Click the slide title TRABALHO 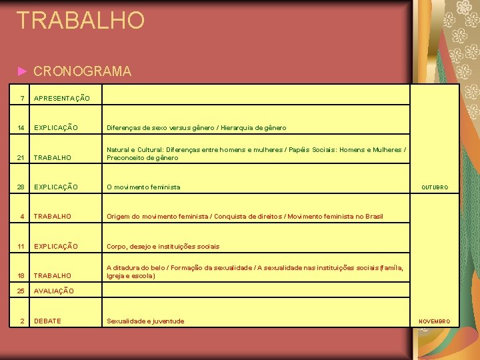[80, 20]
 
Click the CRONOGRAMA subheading [82, 71]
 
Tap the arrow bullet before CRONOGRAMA [23, 71]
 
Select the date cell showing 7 [23, 99]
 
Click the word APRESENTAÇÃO [61, 99]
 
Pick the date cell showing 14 [21, 127]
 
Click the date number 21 [21, 158]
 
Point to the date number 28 [21, 187]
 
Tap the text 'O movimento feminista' [143, 187]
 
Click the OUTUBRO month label [434, 188]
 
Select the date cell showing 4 [23, 217]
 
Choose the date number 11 [21, 246]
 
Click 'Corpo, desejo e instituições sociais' [163, 246]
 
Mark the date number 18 [21, 275]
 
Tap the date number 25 [21, 291]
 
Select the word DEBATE [47, 321]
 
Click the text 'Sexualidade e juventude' [145, 321]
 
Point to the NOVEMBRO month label [434, 321]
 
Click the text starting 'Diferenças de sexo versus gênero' [196, 127]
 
